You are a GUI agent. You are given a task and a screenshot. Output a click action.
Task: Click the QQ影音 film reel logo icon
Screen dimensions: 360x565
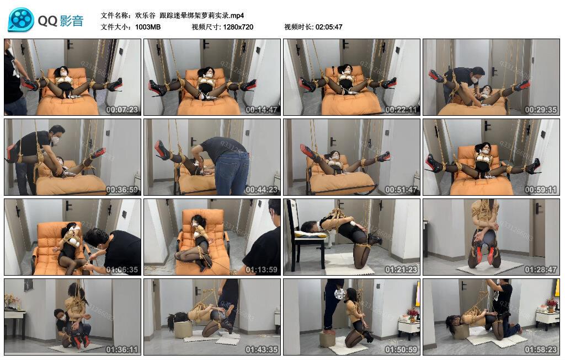tap(21, 20)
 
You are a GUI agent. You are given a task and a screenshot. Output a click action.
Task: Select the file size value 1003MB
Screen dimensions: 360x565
tap(147, 27)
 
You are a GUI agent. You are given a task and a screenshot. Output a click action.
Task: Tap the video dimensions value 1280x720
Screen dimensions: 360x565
tap(238, 27)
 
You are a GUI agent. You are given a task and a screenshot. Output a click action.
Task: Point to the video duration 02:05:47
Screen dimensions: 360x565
tap(329, 27)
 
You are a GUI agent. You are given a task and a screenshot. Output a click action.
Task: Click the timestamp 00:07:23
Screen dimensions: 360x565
tap(122, 110)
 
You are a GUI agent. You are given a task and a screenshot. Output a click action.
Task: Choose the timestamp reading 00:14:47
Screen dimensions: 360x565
tap(262, 110)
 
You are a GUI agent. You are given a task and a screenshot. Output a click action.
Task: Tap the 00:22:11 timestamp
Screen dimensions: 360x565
tap(401, 110)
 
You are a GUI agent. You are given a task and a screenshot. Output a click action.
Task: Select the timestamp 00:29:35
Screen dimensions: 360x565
tap(541, 110)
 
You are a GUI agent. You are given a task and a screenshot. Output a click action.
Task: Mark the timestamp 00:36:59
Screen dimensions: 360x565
tap(122, 190)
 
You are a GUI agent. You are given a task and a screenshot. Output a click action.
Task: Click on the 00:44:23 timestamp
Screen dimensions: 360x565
tap(262, 190)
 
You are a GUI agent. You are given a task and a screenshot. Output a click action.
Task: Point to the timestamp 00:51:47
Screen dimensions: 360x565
tap(401, 190)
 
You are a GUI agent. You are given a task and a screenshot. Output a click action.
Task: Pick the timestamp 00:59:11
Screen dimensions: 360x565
tap(541, 190)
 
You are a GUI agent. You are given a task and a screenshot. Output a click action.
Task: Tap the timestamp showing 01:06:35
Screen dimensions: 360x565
tap(122, 270)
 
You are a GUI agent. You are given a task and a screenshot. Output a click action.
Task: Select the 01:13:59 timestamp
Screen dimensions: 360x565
tap(262, 270)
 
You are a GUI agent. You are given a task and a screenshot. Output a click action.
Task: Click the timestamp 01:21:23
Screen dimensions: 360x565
tap(401, 270)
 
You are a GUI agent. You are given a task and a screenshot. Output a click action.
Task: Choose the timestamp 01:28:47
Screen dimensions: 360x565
tap(541, 270)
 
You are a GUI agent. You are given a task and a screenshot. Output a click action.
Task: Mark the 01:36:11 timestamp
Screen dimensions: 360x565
tap(122, 350)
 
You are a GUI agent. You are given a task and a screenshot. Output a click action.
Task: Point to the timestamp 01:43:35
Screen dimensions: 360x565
tap(262, 350)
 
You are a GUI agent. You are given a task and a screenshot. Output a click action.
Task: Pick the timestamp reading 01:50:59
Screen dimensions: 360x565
tap(401, 350)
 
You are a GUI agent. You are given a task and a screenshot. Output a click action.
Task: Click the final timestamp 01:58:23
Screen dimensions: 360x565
tap(541, 350)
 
